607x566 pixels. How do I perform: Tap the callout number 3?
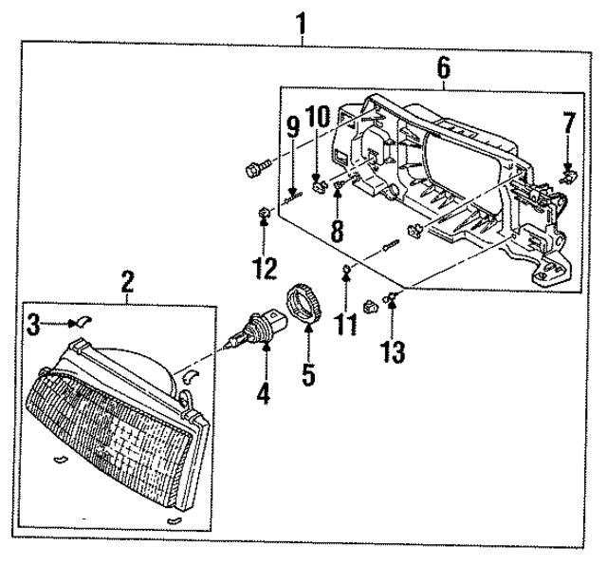click(x=33, y=327)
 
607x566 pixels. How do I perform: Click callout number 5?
click(x=308, y=374)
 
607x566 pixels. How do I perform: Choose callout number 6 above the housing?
click(x=443, y=66)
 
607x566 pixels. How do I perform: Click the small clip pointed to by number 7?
click(x=567, y=173)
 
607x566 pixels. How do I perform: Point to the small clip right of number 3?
click(x=80, y=323)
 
